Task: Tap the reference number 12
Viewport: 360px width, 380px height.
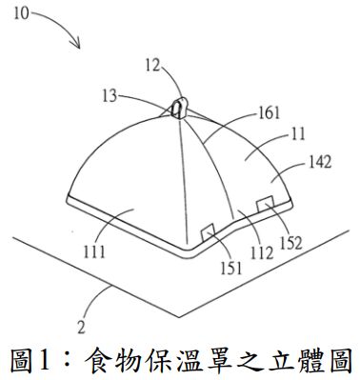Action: coord(154,68)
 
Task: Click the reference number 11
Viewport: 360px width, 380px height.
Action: coord(272,138)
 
